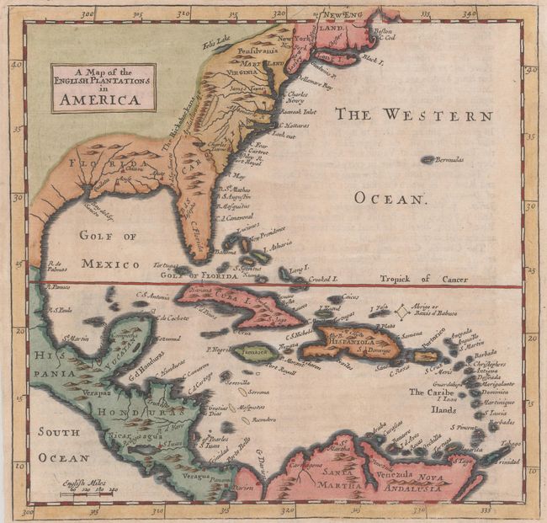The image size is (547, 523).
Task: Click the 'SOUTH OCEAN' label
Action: click(63, 444)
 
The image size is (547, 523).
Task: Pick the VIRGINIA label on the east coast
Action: click(247, 72)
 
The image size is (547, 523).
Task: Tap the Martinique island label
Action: click(502, 401)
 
